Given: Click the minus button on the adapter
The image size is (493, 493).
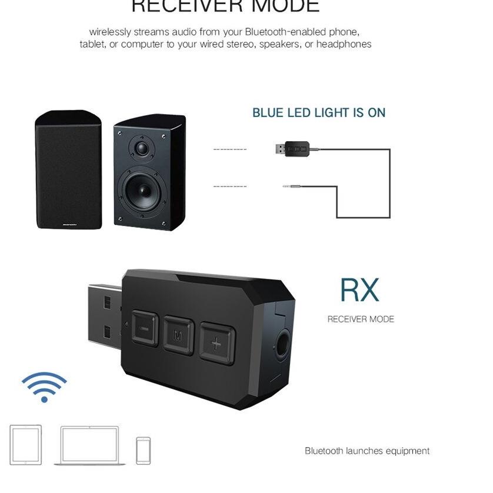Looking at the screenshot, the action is coord(144,328).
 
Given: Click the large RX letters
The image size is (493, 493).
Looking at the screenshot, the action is coord(359,289).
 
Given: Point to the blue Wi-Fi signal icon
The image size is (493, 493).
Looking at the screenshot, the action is coord(44,387).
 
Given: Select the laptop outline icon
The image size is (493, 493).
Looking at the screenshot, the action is coord(89,445).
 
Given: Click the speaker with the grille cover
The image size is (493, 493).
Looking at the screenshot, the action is coord(68,171).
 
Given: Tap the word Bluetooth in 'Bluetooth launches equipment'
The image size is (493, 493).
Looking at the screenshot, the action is coord(324,451).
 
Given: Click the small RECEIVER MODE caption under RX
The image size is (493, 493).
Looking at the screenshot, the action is coord(361,319).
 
